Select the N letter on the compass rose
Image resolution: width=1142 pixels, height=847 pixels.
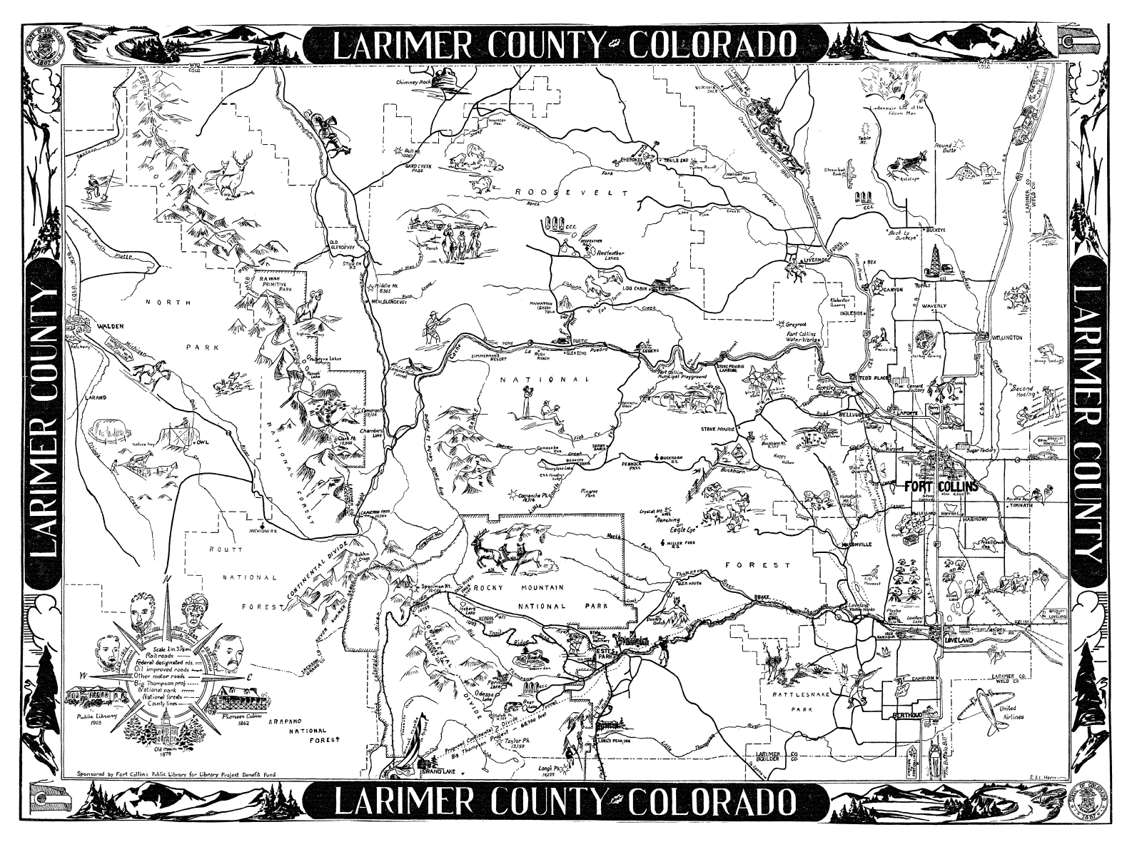coord(167,579)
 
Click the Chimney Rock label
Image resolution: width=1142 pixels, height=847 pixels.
coord(415,82)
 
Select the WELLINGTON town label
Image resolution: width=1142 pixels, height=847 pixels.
coord(1005,337)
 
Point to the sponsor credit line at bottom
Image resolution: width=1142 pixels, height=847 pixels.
coord(178,773)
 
